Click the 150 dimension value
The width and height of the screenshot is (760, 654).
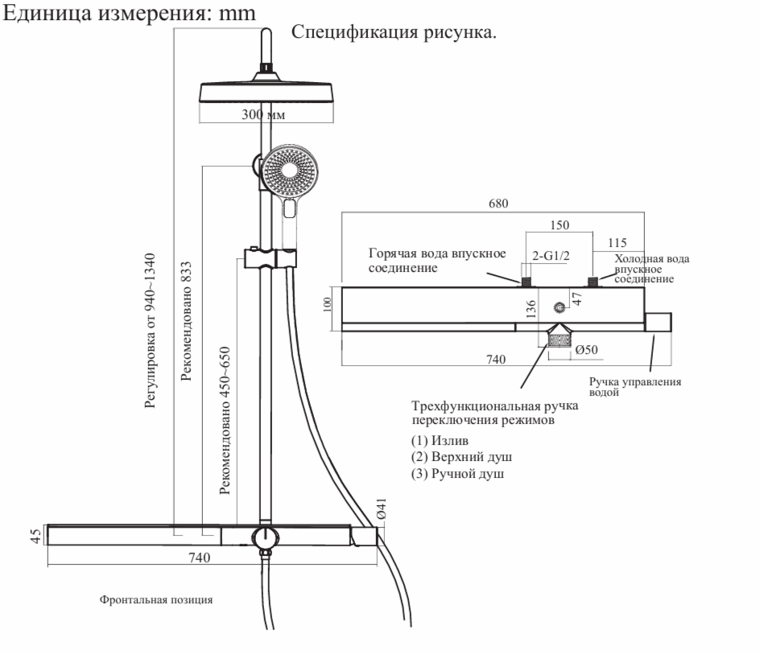point(560,226)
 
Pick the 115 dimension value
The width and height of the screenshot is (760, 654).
point(618,243)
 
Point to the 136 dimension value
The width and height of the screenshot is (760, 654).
point(531,311)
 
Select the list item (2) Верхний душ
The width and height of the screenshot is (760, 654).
point(461,457)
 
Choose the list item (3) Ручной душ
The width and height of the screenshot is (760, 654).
point(458,474)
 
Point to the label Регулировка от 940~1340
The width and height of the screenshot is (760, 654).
point(151,329)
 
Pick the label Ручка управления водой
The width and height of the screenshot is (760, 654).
point(635,387)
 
